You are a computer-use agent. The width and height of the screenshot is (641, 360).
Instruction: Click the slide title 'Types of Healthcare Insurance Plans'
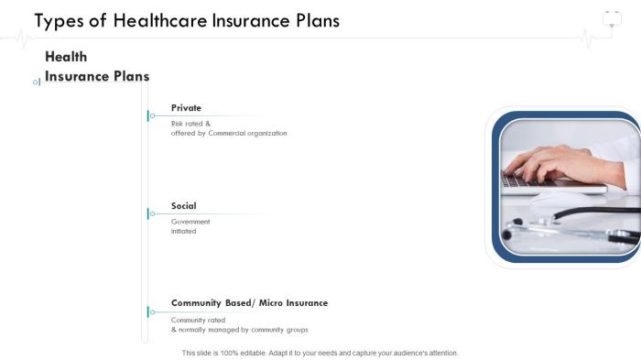(x=187, y=21)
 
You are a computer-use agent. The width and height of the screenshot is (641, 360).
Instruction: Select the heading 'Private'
(x=186, y=107)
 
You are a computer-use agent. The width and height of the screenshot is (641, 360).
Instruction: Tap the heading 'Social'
(x=183, y=205)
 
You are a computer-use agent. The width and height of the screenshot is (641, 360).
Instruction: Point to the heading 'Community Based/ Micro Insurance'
(x=249, y=302)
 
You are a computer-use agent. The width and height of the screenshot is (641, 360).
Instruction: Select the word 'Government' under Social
(x=190, y=222)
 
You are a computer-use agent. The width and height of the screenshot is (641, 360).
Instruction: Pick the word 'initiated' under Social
(x=184, y=231)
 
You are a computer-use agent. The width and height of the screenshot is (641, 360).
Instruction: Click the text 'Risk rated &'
(x=190, y=123)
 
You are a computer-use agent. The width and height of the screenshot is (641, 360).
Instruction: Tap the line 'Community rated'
(x=198, y=320)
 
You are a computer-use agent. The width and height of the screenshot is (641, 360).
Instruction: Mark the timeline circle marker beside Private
(x=152, y=115)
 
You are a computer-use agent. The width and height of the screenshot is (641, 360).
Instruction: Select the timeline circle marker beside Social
(x=152, y=213)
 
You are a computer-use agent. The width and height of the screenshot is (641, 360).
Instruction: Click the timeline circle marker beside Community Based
(x=152, y=311)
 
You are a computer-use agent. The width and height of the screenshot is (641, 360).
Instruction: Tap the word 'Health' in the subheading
(x=66, y=57)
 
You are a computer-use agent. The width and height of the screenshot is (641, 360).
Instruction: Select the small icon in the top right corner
(x=612, y=18)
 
